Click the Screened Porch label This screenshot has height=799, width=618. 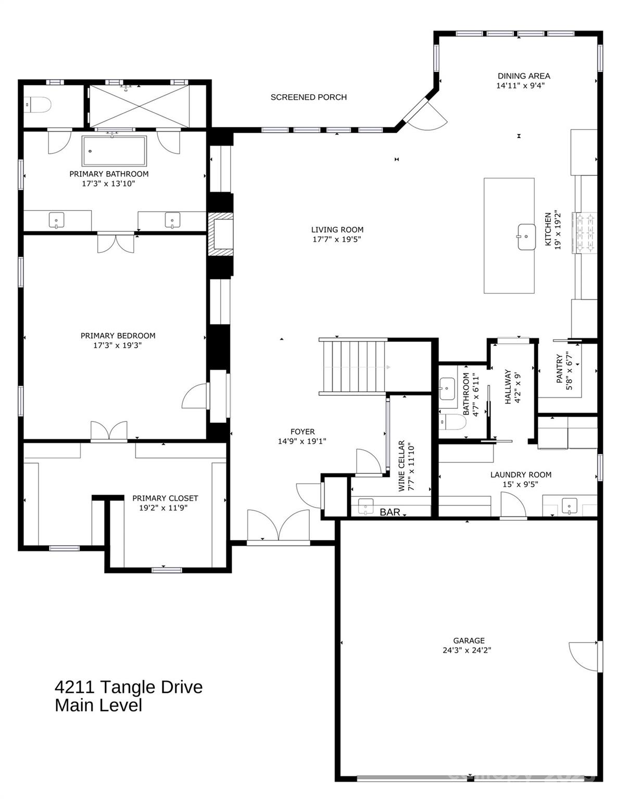[x=308, y=97]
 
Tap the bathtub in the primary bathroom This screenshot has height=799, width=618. [x=114, y=151]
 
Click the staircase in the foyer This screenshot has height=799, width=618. [x=354, y=367]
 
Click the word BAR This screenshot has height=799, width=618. [x=389, y=512]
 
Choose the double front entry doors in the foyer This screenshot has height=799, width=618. [x=279, y=526]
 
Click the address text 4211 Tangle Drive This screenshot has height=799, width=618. [x=129, y=687]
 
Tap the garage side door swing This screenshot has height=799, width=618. [x=584, y=656]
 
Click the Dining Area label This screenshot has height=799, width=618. [x=523, y=76]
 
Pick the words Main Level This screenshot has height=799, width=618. [x=98, y=706]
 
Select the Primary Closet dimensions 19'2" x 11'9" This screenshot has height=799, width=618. [x=163, y=508]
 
